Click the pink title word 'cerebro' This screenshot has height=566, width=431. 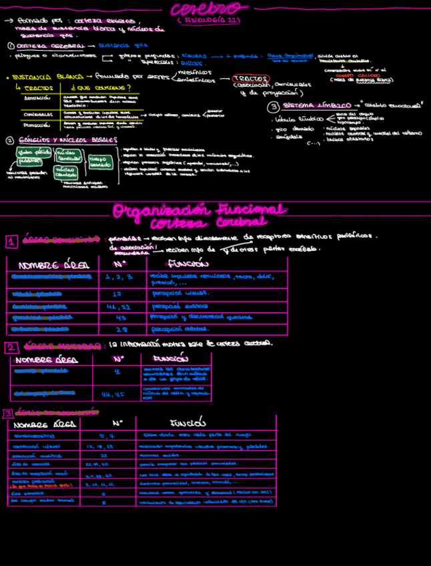tap(209, 9)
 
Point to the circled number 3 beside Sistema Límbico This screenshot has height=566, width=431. tap(274, 107)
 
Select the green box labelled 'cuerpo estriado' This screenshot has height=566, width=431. tap(100, 162)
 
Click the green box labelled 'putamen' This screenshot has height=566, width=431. tap(30, 161)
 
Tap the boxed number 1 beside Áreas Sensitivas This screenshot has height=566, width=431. tap(11, 242)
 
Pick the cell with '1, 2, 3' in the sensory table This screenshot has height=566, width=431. tap(119, 276)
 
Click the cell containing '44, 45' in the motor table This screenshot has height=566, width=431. tap(111, 394)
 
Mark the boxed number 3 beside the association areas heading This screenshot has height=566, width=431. tap(7, 414)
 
